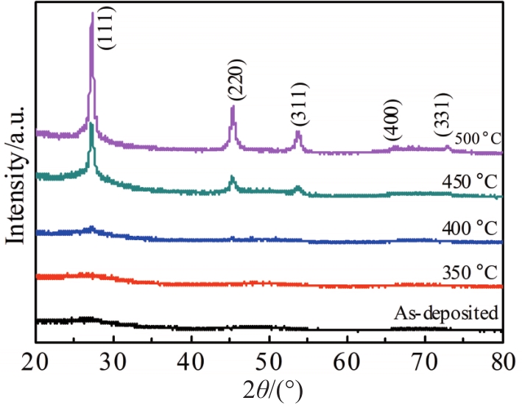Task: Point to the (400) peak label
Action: (392, 120)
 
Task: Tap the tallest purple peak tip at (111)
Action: (92, 13)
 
